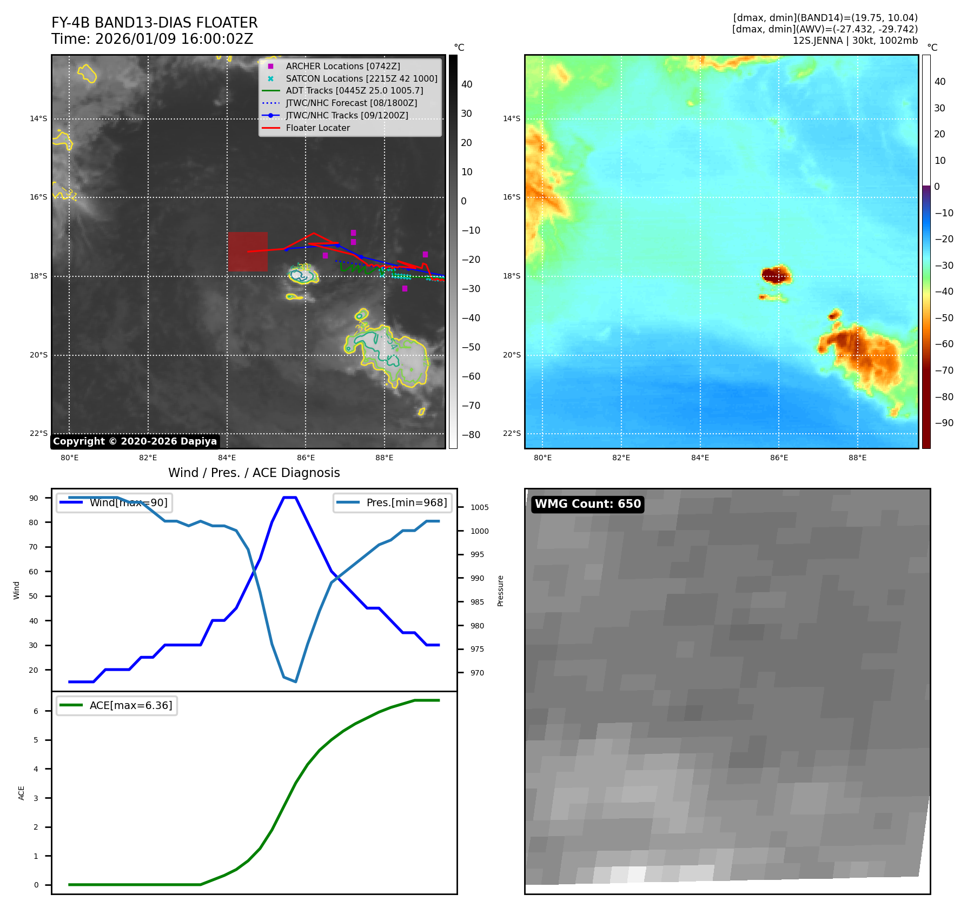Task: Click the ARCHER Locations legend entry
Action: point(343,66)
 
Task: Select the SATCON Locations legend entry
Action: point(361,78)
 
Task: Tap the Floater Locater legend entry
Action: point(317,128)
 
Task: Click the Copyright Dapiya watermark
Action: point(135,441)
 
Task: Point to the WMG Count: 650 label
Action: point(588,504)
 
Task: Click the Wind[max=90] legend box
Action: point(115,502)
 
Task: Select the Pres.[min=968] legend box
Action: point(392,502)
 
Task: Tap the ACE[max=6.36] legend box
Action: point(117,705)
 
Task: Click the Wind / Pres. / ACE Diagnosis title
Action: point(254,473)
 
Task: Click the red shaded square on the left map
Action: point(248,251)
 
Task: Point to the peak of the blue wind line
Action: point(290,498)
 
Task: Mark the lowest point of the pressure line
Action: point(295,681)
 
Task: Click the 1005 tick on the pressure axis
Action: point(479,507)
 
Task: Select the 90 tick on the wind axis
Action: point(34,498)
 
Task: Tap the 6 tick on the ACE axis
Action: point(36,711)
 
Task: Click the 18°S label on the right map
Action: point(512,276)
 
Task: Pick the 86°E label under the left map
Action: point(306,458)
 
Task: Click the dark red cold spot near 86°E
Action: point(775,275)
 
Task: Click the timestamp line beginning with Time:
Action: point(152,39)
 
